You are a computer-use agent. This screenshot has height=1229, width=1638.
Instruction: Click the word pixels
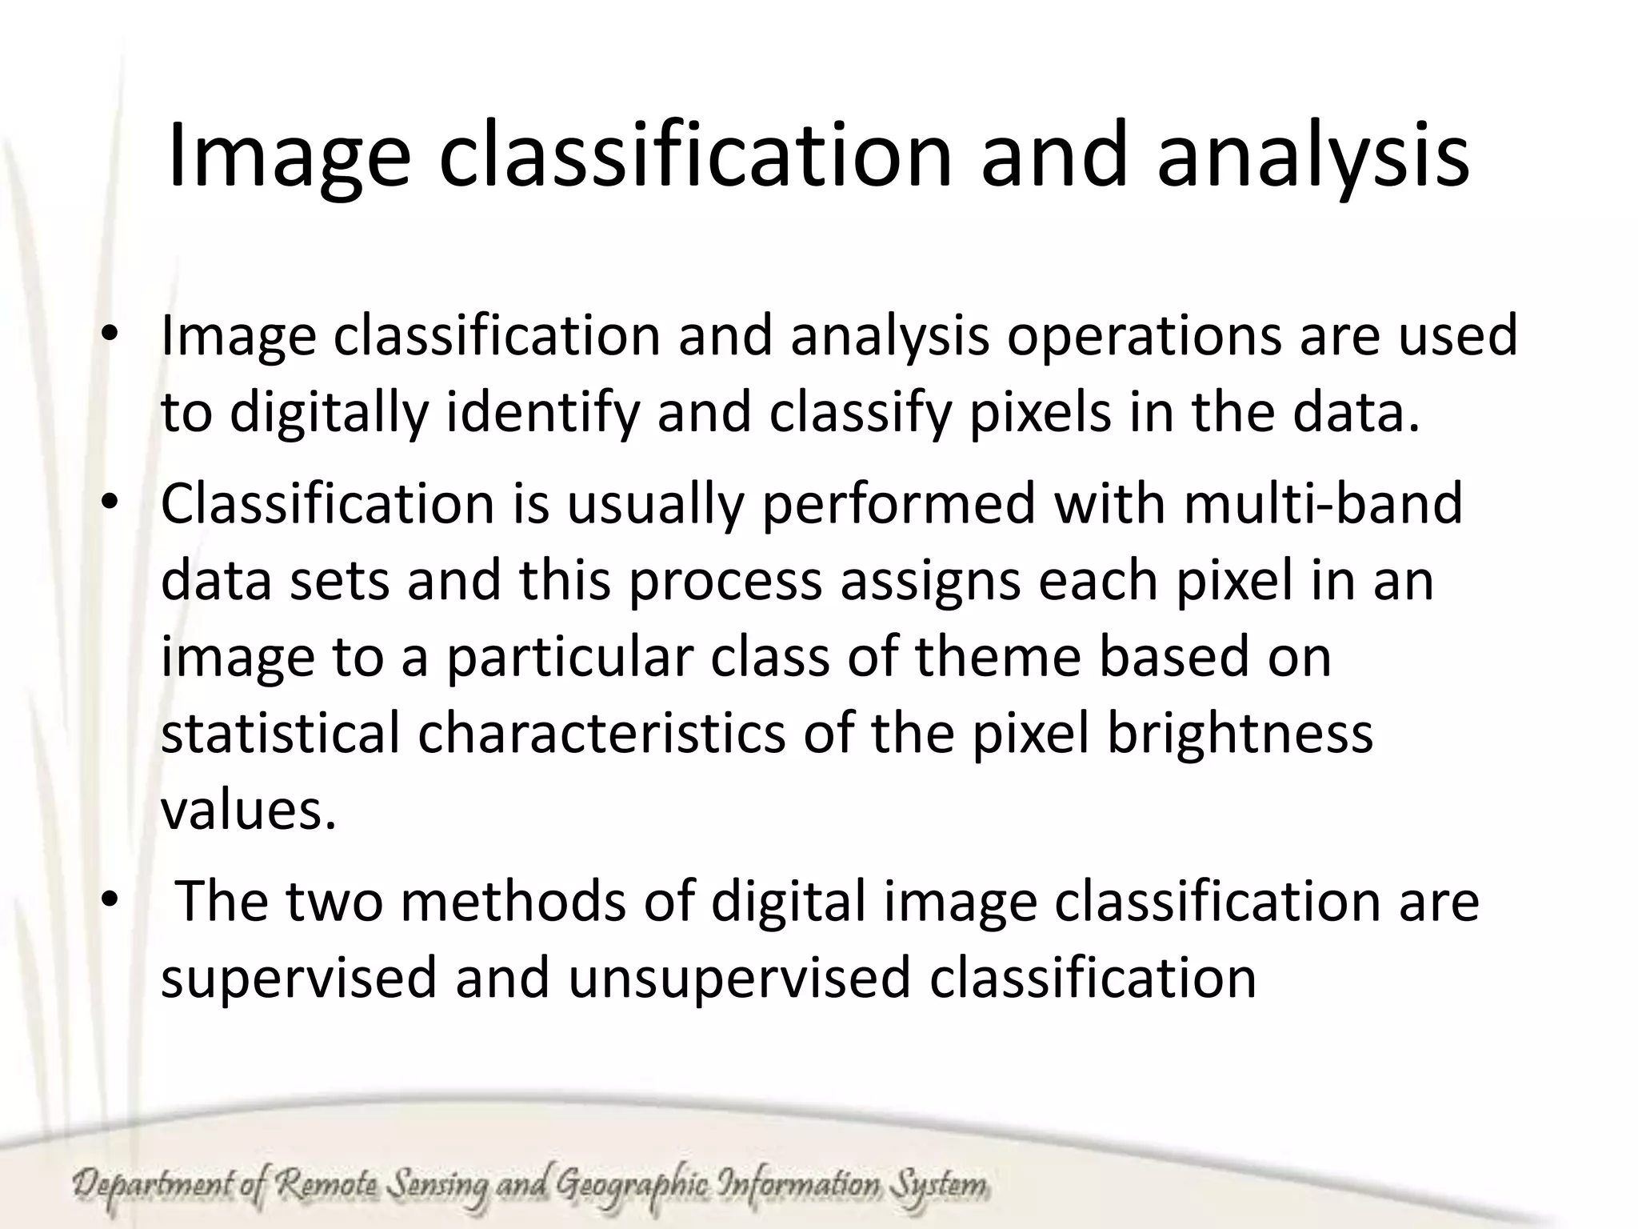[x=1040, y=414]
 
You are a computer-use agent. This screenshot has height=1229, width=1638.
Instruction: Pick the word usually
[x=656, y=504]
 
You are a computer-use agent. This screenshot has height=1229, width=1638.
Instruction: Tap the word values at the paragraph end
[x=248, y=810]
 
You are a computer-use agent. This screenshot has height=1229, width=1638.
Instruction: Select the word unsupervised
[x=740, y=979]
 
